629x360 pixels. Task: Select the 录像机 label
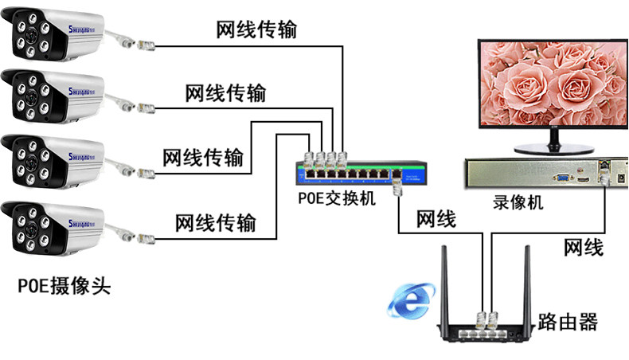[x=518, y=203]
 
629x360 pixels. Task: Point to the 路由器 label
[x=567, y=323]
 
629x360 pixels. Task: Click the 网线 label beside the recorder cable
[x=583, y=248]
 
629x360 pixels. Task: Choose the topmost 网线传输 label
[x=256, y=30]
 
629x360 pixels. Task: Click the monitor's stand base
[x=553, y=147]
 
